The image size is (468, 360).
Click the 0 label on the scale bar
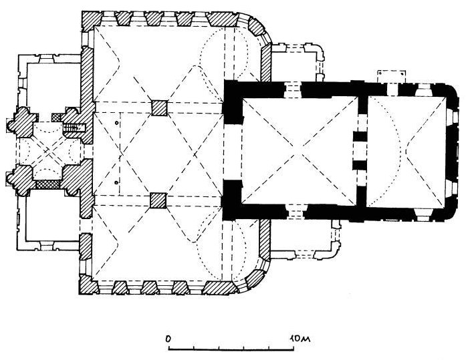pyautogui.click(x=169, y=339)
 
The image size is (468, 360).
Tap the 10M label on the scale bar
pyautogui.click(x=300, y=339)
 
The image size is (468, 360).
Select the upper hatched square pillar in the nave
pyautogui.click(x=159, y=108)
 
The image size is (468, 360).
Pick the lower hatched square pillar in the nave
pyautogui.click(x=158, y=200)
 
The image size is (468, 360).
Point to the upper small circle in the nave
pyautogui.click(x=116, y=123)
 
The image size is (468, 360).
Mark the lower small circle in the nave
pyautogui.click(x=116, y=182)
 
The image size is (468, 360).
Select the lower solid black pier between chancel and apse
pyautogui.click(x=360, y=165)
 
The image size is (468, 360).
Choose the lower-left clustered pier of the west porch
pyautogui.click(x=21, y=180)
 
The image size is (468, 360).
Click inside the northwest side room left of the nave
pyautogui.click(x=53, y=84)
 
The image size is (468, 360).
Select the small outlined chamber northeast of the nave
pyautogui.click(x=294, y=63)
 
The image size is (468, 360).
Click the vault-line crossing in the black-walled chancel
pyautogui.click(x=300, y=154)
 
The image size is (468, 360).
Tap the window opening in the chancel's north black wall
pyautogui.click(x=293, y=89)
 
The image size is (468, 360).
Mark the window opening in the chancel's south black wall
pyautogui.click(x=295, y=211)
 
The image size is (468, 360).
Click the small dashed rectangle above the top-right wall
pyautogui.click(x=392, y=77)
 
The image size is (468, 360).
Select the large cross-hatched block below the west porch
pyautogui.click(x=47, y=184)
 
